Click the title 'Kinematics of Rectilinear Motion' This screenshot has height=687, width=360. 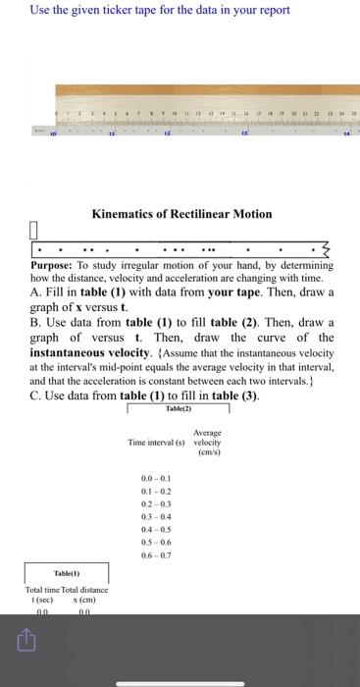181,213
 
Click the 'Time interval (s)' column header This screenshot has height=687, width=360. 157,444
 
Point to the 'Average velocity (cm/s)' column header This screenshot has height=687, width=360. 207,443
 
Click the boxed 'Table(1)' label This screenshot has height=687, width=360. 67,571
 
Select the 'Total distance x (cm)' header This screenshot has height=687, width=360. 89,594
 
